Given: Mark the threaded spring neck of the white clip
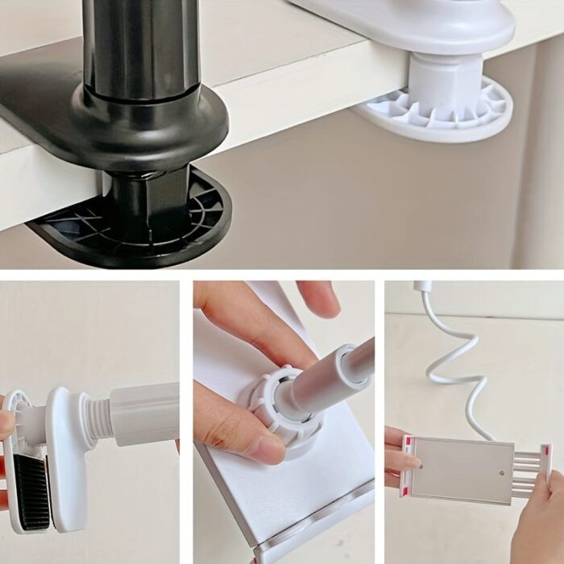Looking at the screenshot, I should click(97, 419).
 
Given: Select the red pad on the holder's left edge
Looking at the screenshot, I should click(407, 467).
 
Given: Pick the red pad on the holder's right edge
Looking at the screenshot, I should click(546, 467).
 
